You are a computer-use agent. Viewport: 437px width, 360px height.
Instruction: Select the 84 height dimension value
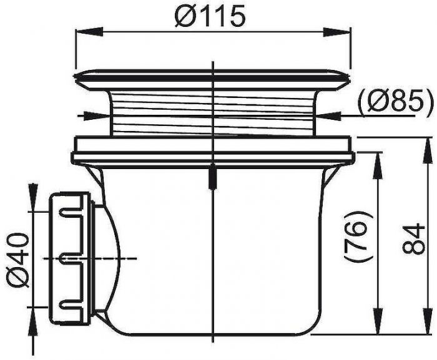pyautogui.click(x=414, y=238)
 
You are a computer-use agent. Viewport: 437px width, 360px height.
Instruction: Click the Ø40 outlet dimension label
pyautogui.click(x=17, y=260)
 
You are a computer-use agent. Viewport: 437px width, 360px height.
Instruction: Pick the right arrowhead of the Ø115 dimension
pyautogui.click(x=336, y=31)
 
